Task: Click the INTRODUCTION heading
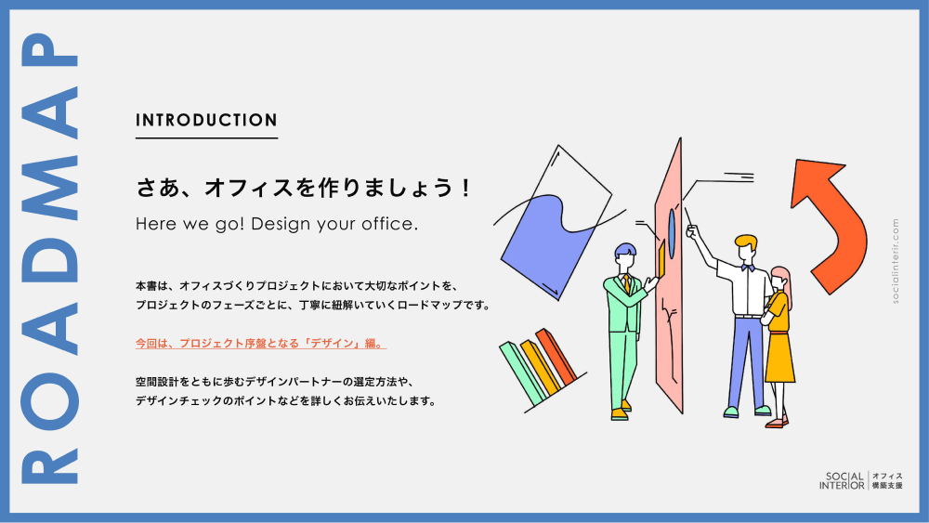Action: (206, 120)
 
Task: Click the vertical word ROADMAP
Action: (50, 259)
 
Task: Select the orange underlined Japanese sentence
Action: (261, 344)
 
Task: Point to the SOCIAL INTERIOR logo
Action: (860, 480)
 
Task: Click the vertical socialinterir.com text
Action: (895, 261)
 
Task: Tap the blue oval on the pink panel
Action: (672, 234)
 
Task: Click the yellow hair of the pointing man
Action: (745, 242)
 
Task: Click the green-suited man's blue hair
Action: (625, 249)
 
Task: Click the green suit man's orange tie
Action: (627, 283)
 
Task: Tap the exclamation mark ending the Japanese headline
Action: (466, 189)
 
